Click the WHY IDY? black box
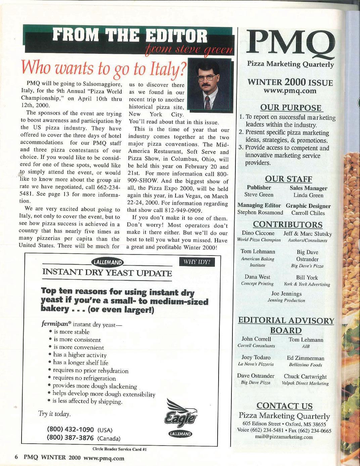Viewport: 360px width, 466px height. (197, 262)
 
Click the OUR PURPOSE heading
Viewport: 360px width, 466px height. (291, 108)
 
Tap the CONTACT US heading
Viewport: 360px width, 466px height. (284, 406)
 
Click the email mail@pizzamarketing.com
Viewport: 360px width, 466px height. (284, 437)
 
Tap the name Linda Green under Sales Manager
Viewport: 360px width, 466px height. (308, 195)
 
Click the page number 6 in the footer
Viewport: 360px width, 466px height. (15, 458)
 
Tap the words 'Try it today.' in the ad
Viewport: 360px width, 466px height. (54, 414)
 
